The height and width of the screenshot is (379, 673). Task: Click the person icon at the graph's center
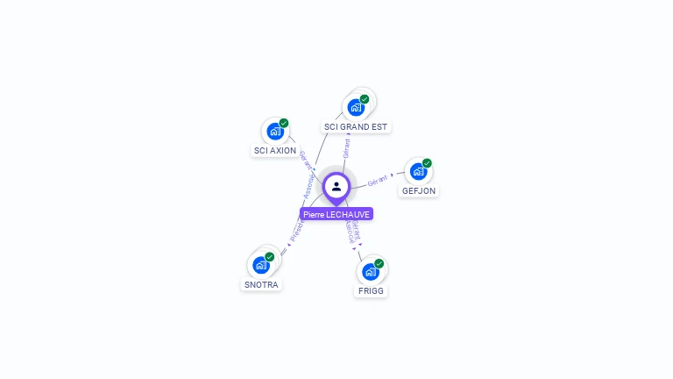click(336, 186)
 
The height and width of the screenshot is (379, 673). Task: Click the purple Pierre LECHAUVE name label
click(336, 214)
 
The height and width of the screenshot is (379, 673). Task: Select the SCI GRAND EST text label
click(355, 127)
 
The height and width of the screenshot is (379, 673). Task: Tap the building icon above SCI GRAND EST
click(355, 107)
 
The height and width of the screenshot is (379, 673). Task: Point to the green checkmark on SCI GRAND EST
click(365, 99)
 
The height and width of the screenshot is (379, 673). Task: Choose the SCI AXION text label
click(275, 151)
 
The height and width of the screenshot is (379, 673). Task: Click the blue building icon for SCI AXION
click(275, 132)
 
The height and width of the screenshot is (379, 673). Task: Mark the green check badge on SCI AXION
click(284, 124)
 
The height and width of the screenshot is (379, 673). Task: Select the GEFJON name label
click(419, 191)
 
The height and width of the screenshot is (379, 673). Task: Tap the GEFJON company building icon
click(418, 171)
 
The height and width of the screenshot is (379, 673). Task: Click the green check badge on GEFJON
click(427, 163)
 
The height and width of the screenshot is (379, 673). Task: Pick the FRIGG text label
click(371, 290)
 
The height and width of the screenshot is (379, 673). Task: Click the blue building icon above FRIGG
click(370, 271)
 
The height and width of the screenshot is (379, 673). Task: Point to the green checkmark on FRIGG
click(379, 263)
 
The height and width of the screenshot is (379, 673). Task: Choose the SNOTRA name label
click(261, 284)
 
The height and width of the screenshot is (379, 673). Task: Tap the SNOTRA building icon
click(260, 264)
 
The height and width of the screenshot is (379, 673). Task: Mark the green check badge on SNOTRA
click(270, 256)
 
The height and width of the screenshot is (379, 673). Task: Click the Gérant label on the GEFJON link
click(378, 180)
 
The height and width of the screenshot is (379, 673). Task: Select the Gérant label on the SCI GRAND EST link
click(347, 147)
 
